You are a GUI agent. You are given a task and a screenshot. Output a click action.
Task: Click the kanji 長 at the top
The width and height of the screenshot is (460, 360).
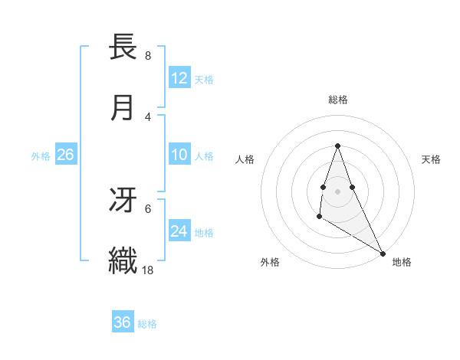coord(123,47)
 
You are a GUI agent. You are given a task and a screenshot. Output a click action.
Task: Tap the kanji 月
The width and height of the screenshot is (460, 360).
coord(123,107)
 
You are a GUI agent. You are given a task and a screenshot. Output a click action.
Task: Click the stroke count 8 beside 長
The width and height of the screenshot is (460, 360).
coord(147,55)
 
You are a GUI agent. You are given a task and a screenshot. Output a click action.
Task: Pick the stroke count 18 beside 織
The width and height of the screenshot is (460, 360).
coord(148,270)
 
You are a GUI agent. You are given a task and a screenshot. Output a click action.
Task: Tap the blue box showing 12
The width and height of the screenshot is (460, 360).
coord(179,78)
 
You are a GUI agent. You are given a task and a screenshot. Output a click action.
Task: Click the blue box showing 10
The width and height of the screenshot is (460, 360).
coord(179,155)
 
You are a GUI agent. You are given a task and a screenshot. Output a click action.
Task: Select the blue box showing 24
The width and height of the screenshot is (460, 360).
coord(179,231)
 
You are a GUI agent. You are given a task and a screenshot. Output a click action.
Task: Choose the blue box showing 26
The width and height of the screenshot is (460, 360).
coord(66,155)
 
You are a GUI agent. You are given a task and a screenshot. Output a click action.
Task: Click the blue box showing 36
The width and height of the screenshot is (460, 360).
coord(123,322)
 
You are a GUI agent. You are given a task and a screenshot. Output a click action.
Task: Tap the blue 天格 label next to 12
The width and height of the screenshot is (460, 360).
coord(204,79)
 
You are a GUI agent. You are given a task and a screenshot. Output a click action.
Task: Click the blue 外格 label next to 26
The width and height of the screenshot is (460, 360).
coord(41,156)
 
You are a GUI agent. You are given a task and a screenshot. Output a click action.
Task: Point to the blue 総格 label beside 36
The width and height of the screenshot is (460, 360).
coord(147,323)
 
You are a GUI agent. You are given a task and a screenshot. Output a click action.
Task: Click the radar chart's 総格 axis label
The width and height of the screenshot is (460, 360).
coord(337,100)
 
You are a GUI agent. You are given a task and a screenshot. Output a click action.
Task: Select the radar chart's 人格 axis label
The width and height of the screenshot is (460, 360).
coord(245,159)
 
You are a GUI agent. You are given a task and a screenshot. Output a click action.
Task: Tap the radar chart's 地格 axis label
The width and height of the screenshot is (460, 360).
coord(402,262)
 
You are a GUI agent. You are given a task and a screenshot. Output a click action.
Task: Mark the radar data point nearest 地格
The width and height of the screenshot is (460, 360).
coord(383,253)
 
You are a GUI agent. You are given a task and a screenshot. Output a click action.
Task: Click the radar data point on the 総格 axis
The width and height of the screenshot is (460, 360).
coord(337,146)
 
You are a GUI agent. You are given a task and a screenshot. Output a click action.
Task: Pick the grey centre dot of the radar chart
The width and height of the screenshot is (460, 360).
coord(337,190)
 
